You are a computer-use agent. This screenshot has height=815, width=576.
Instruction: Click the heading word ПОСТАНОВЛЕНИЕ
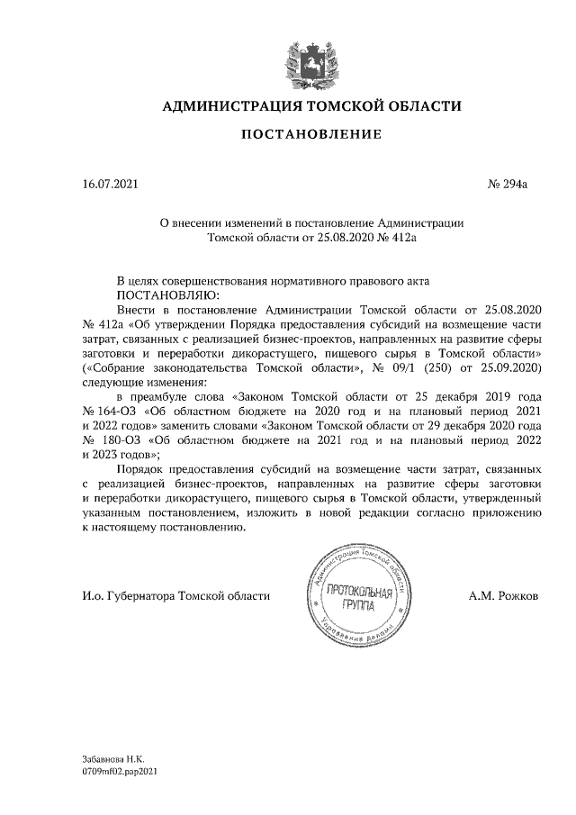(310, 134)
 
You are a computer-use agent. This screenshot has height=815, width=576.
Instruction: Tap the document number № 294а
(508, 186)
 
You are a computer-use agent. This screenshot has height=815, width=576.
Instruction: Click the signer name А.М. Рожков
(504, 595)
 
